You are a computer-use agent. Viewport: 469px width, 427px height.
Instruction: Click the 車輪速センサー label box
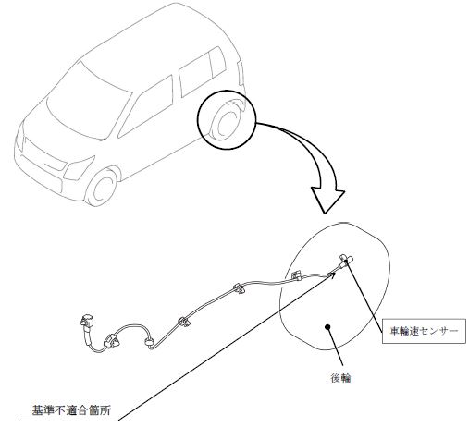[x=424, y=331]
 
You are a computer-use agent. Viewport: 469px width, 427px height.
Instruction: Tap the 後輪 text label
[x=340, y=378]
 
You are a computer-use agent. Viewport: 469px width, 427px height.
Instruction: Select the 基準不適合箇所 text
[x=71, y=410]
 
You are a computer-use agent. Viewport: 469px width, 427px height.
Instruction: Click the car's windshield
[x=89, y=103]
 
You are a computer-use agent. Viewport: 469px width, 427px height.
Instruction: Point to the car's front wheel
[x=101, y=187]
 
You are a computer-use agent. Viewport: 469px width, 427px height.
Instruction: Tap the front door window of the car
[x=146, y=106]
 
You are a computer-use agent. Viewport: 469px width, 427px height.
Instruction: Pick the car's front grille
[x=45, y=158]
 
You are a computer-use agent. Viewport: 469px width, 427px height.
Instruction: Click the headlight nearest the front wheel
[x=78, y=168]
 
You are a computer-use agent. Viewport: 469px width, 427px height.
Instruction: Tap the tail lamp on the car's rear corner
[x=241, y=73]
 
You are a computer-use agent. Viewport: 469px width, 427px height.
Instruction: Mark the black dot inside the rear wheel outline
[x=327, y=327]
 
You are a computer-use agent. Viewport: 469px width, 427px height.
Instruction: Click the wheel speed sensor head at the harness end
[x=346, y=260]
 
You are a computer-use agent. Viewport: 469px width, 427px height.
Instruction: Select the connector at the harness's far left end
[x=87, y=321]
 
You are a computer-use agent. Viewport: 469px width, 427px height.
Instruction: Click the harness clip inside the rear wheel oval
[x=296, y=274]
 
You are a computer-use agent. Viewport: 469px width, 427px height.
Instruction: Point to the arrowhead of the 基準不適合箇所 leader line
[x=333, y=274]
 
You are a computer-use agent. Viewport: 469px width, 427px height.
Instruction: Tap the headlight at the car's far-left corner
[x=20, y=137]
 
